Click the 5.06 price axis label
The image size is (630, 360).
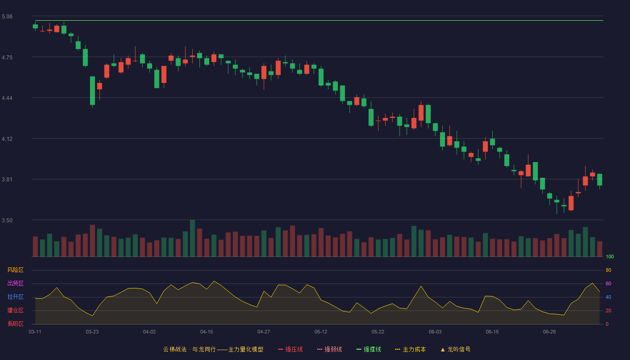point(7,17)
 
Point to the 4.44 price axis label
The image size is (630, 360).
point(7,98)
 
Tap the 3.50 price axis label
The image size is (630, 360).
point(7,220)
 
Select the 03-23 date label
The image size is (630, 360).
point(92,332)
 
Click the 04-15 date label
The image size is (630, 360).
point(207,332)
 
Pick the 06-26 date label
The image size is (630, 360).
point(549,332)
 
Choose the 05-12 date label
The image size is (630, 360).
point(321,332)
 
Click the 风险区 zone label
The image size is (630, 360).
point(15,270)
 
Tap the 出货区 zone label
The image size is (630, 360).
point(15,283)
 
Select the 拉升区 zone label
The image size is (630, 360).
point(15,297)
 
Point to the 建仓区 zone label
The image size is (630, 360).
point(15,310)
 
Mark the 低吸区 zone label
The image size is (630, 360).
point(15,324)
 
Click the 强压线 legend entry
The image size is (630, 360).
point(290,349)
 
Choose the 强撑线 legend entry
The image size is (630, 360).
point(369,349)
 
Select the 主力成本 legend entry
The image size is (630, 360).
point(410,349)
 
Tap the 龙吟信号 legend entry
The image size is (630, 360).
point(455,349)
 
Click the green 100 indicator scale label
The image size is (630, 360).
point(610,256)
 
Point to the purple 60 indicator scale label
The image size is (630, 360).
point(608,283)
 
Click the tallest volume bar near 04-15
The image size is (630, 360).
point(193,238)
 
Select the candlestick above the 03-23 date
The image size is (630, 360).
point(92,91)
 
